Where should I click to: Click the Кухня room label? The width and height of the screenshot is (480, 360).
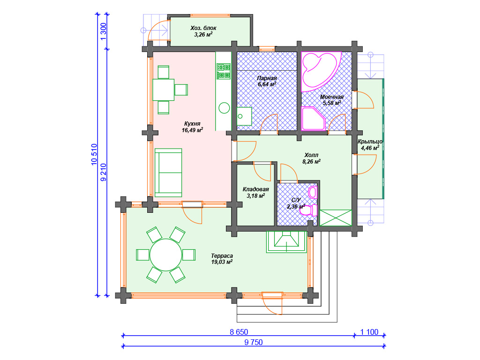click(192, 124)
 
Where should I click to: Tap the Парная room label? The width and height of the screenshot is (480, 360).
click(267, 78)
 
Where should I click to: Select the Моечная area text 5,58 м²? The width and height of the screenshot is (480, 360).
click(332, 103)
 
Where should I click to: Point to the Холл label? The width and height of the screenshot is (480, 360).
click(311, 155)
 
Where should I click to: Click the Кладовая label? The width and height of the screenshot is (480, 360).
click(255, 189)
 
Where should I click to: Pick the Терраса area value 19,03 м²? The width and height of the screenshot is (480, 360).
click(222, 262)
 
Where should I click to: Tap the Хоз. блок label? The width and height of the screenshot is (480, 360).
click(203, 28)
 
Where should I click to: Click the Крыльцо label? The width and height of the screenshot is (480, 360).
click(370, 142)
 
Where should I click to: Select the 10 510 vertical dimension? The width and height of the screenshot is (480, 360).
click(94, 154)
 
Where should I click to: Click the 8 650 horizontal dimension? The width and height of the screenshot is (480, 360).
click(239, 332)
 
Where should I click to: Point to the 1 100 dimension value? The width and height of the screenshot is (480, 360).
click(369, 332)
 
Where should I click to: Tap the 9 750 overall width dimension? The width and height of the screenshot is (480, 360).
click(254, 342)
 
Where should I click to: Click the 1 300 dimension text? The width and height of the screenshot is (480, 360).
click(104, 31)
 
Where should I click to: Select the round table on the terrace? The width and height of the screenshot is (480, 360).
click(165, 255)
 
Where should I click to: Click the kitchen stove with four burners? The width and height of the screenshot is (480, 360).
click(224, 71)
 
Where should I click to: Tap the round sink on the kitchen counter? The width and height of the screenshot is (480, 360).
click(224, 108)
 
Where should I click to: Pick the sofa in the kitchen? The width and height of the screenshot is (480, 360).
click(168, 172)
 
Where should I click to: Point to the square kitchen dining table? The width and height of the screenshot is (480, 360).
click(164, 90)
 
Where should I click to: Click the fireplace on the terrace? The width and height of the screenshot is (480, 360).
click(286, 241)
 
